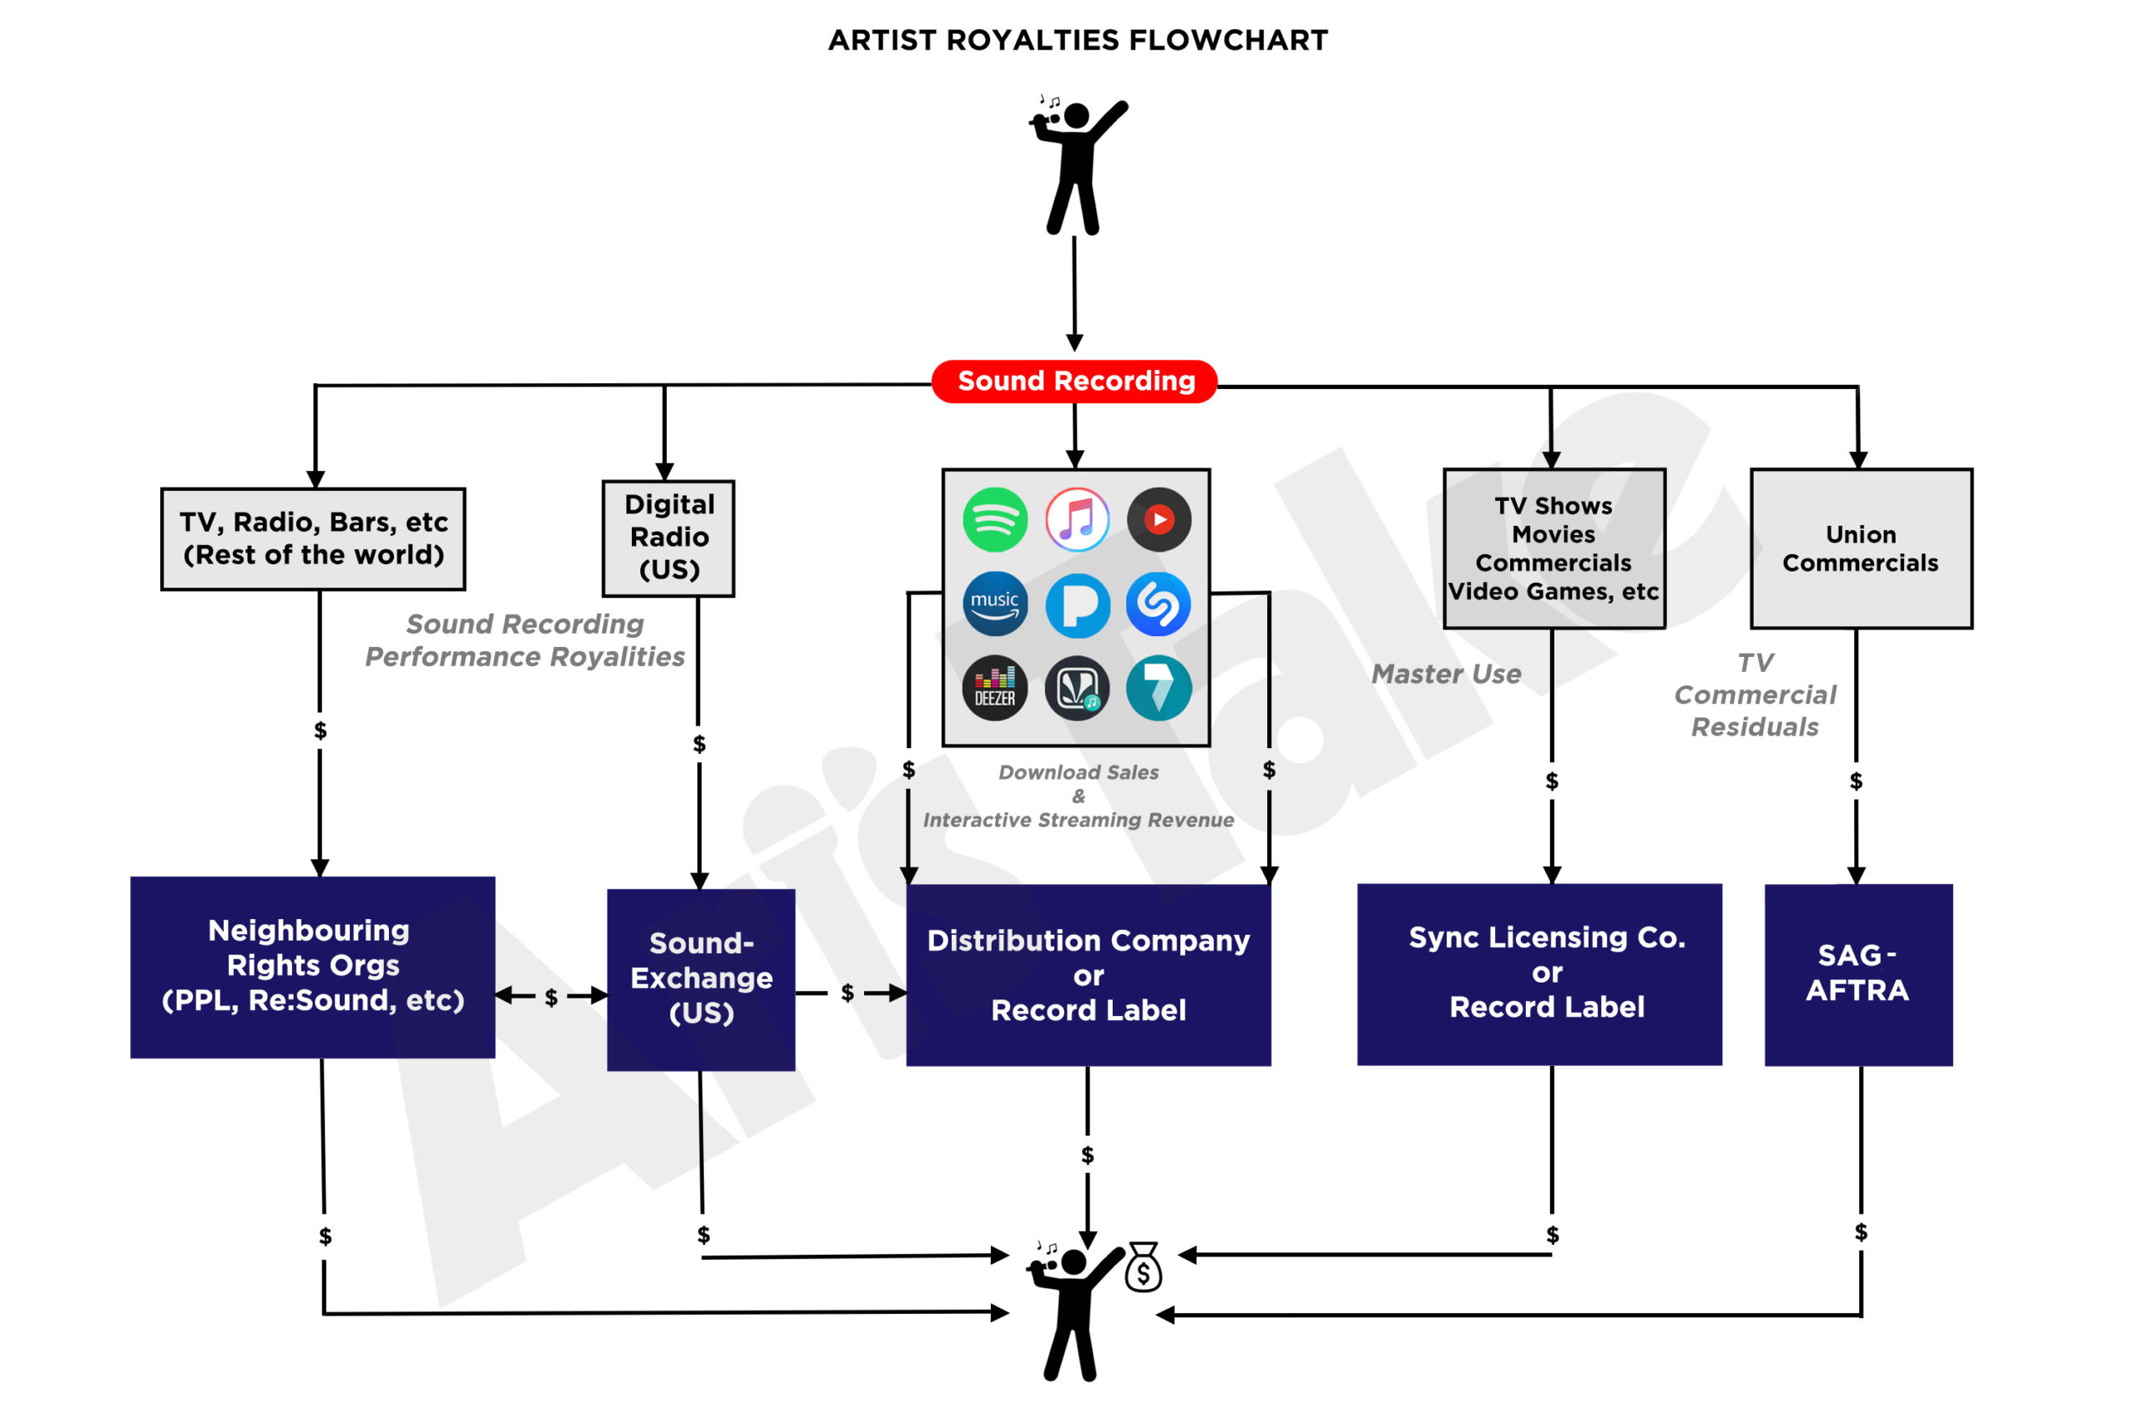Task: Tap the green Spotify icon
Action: (995, 520)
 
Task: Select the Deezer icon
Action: (995, 688)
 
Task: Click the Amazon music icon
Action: (995, 604)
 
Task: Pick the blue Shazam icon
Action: (1159, 604)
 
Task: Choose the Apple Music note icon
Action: (1078, 520)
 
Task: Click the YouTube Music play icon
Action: (1159, 520)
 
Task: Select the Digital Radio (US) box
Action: (669, 538)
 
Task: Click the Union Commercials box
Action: (1861, 549)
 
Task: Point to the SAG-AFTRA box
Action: (1858, 974)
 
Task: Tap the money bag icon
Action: (1143, 1267)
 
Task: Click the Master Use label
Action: (1446, 675)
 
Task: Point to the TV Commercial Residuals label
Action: (1755, 695)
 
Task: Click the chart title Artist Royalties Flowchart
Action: (1078, 41)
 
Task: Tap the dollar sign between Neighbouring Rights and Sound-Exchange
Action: (551, 998)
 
